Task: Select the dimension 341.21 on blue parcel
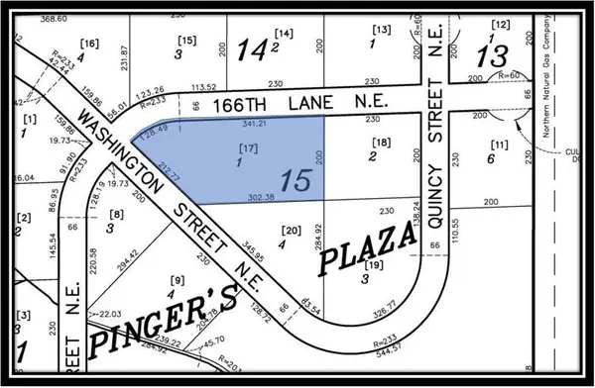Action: click(x=253, y=125)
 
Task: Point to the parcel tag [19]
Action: click(x=372, y=265)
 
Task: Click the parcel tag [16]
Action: click(x=89, y=44)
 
